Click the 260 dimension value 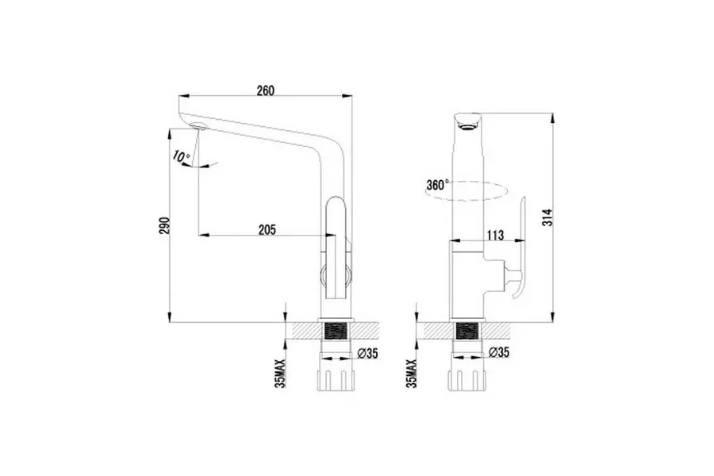(x=265, y=90)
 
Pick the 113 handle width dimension (x=494, y=234)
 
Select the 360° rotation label (x=436, y=185)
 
